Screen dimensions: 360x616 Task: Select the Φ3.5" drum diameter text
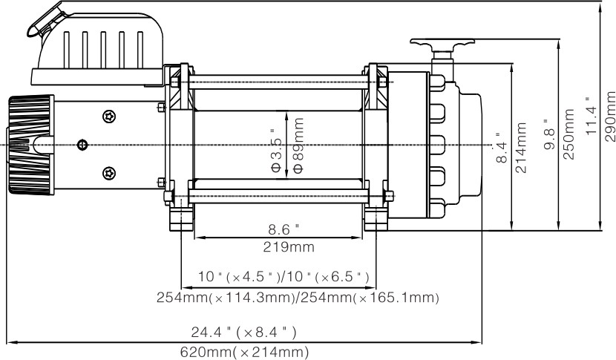pyautogui.click(x=278, y=145)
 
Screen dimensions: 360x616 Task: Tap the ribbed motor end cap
pyautogui.click(x=30, y=145)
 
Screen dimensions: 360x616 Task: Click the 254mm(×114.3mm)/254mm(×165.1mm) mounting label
pyautogui.click(x=298, y=298)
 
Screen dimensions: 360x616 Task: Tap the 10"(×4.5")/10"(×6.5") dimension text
pyautogui.click(x=284, y=277)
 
